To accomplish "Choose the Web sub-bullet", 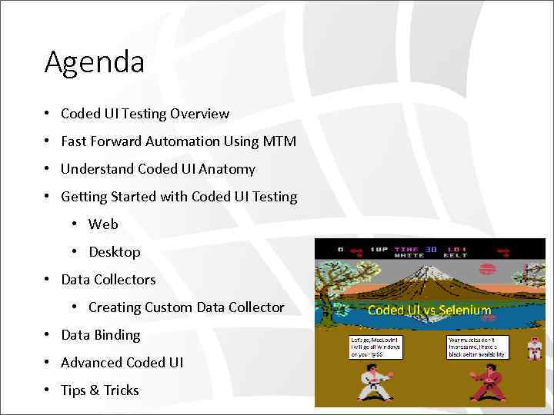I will click(x=103, y=224).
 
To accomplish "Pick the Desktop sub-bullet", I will click(x=115, y=252).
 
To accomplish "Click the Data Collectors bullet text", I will click(x=108, y=280).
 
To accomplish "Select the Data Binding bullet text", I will click(x=101, y=335).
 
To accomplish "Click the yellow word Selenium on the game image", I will click(x=464, y=310).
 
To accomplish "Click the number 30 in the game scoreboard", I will click(x=432, y=249).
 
